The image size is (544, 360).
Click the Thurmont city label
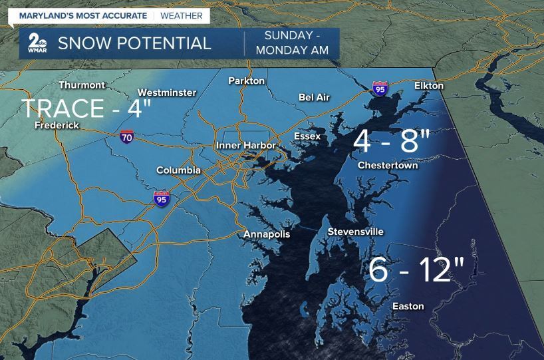(x=82, y=85)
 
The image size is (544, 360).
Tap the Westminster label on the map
(x=166, y=92)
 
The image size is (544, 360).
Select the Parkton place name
(x=246, y=81)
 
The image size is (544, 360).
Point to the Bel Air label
(x=314, y=97)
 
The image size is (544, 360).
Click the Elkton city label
(x=428, y=86)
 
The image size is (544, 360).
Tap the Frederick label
(x=57, y=125)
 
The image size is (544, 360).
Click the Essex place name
(x=307, y=136)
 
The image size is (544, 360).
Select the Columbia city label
(x=178, y=170)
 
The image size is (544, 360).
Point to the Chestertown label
(x=388, y=165)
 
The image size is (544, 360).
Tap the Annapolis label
(x=267, y=234)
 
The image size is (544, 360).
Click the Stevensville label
(x=355, y=232)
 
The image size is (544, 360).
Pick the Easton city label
(x=408, y=306)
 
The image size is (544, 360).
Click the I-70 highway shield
(x=126, y=137)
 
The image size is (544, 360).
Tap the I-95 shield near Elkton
(x=379, y=89)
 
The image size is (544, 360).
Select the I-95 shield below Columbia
(x=162, y=198)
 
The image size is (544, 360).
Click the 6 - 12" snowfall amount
(x=416, y=269)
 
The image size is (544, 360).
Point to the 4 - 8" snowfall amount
(x=392, y=140)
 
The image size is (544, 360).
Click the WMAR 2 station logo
(x=37, y=43)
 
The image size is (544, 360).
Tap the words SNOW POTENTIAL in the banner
(x=134, y=44)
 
